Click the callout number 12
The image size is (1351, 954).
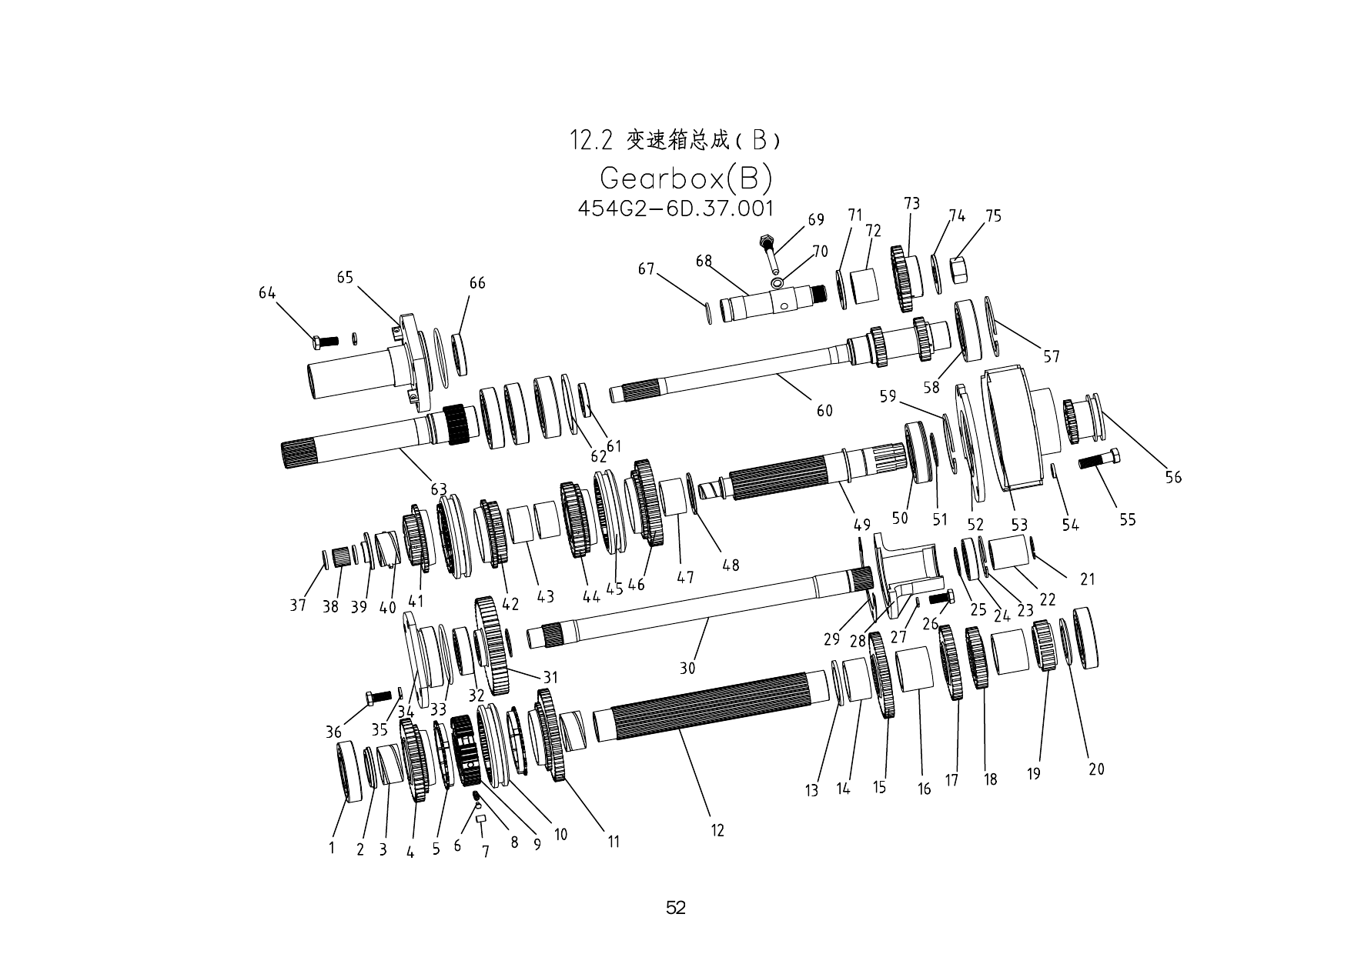click(717, 831)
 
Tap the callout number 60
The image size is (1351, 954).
click(824, 411)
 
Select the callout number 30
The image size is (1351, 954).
click(687, 668)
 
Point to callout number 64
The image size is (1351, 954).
click(267, 293)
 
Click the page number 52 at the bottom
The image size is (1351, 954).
click(676, 908)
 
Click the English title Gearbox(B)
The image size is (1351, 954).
click(685, 179)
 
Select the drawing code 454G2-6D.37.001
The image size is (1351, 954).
click(675, 208)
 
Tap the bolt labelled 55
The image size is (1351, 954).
click(1099, 461)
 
